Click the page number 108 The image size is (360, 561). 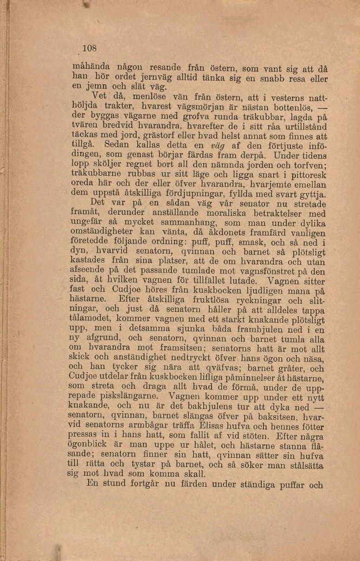89,48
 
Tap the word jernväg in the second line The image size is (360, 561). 143,77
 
